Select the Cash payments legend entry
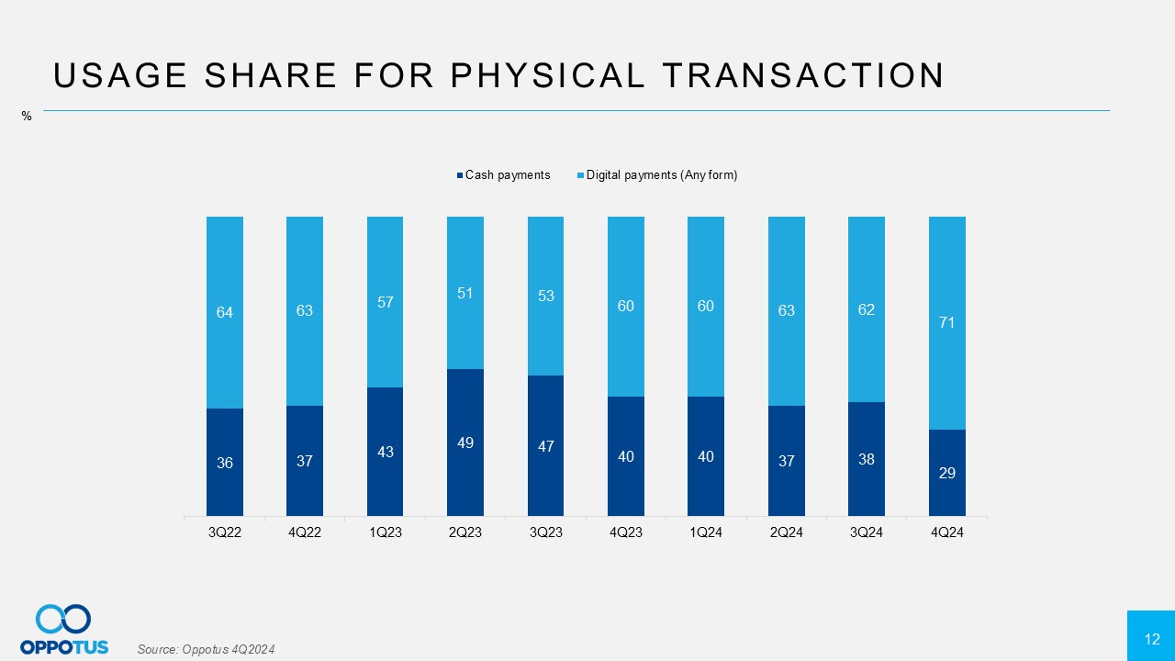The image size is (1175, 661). [508, 175]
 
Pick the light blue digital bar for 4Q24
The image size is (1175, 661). [947, 275]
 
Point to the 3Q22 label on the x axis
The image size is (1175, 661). [225, 532]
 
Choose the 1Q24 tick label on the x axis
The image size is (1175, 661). [706, 532]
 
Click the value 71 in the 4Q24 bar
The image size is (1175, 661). [947, 322]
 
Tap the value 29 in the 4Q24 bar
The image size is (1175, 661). [947, 473]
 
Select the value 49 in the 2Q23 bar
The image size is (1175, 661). [465, 443]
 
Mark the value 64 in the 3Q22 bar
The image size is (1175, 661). [225, 312]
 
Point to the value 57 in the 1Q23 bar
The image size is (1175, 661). [386, 301]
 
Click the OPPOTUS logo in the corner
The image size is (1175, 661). [64, 630]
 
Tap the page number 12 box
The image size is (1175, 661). [1151, 636]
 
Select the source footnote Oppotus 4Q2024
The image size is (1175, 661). [206, 650]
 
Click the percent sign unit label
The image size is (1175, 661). [27, 117]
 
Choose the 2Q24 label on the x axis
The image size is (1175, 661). [787, 532]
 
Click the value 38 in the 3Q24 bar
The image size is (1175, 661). [867, 459]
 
